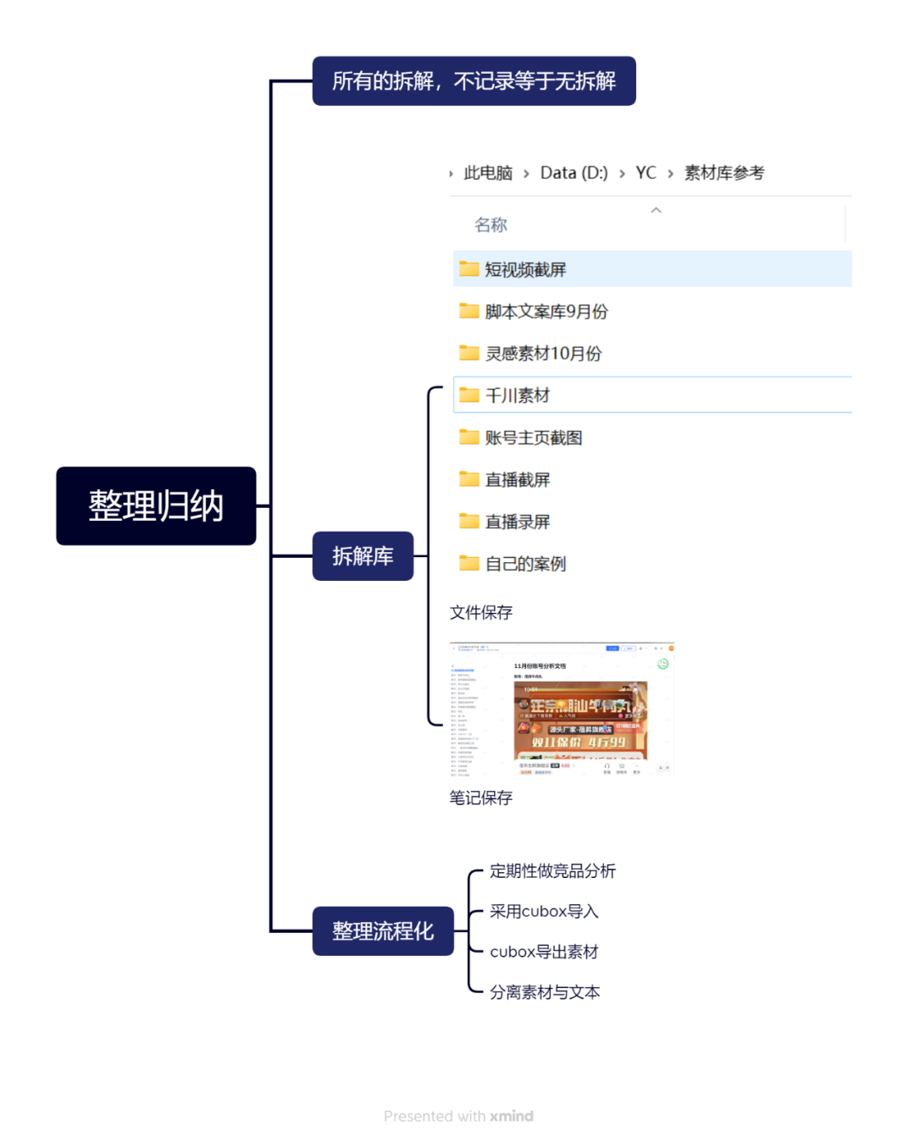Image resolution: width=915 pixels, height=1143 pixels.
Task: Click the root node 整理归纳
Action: tap(156, 506)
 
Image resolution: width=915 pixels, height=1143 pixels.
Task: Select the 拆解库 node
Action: tap(363, 556)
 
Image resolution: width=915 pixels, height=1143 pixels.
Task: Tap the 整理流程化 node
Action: tap(383, 931)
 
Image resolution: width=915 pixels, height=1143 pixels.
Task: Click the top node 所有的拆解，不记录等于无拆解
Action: tap(474, 81)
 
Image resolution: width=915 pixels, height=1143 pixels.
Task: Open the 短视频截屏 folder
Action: tap(524, 269)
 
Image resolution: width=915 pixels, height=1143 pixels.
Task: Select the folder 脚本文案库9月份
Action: tap(546, 312)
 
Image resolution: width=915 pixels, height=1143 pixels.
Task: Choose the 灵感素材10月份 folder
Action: tap(543, 354)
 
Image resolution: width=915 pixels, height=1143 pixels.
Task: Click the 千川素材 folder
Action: tap(517, 395)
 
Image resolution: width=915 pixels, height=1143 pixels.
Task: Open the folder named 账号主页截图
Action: tap(533, 438)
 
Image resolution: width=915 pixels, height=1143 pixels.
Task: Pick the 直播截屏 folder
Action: tap(517, 480)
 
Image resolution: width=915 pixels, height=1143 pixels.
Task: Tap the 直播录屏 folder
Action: tap(517, 522)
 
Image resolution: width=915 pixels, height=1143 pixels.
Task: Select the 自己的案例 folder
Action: tap(525, 564)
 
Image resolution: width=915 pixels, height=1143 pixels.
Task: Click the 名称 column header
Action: tap(491, 225)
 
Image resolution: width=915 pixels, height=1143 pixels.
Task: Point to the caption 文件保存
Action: tap(481, 612)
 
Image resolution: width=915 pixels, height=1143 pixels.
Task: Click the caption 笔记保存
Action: tap(481, 798)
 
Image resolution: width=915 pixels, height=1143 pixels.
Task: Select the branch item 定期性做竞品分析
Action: tap(552, 871)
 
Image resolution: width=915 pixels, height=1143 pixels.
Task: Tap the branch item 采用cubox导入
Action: tap(544, 912)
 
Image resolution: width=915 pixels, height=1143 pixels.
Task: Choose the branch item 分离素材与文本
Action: tap(545, 992)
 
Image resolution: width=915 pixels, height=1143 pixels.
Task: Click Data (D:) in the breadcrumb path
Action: tap(574, 173)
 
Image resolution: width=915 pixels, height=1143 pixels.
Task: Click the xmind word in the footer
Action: tap(512, 1116)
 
